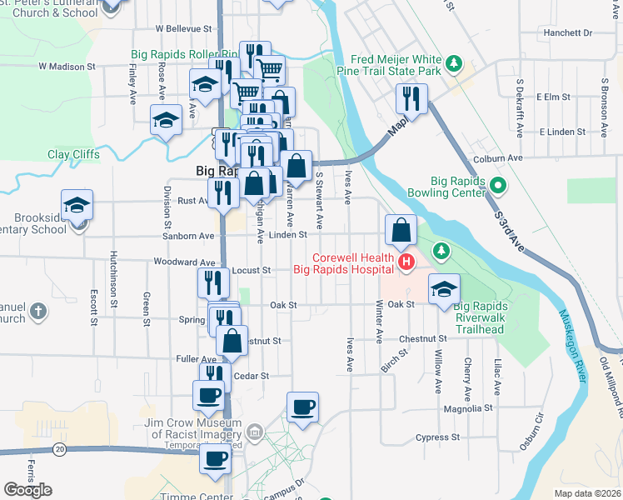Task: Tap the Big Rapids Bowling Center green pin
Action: [x=498, y=185]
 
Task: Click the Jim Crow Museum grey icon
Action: [x=255, y=432]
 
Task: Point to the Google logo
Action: [x=27, y=490]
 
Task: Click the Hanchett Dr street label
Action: [x=566, y=33]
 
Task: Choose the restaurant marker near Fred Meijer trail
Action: [x=411, y=98]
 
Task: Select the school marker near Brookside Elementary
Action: [x=77, y=205]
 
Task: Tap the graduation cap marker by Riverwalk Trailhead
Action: [x=444, y=289]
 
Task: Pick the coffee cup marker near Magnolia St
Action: [x=303, y=407]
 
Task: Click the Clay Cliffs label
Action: [x=73, y=154]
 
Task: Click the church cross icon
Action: [x=37, y=312]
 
